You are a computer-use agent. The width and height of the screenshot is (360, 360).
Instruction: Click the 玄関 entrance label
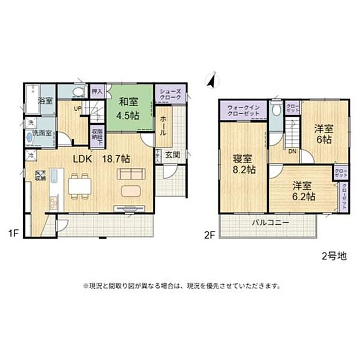tap(172, 155)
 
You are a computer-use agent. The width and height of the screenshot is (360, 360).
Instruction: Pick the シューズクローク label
tap(172, 95)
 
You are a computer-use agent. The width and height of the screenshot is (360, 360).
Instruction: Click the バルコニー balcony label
tap(271, 222)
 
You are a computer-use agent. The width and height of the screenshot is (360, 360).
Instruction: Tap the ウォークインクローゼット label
tap(243, 110)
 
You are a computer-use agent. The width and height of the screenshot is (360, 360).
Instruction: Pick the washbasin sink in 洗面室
tap(30, 139)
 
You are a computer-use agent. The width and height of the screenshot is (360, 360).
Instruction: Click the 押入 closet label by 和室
tap(97, 91)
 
